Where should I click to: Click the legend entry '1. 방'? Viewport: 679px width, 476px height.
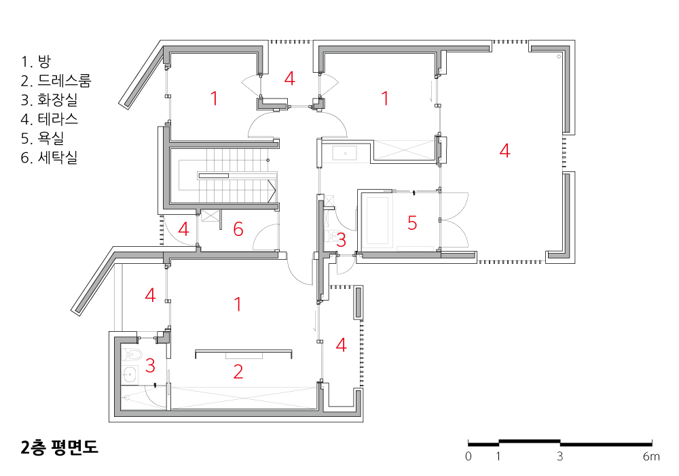pyautogui.click(x=36, y=62)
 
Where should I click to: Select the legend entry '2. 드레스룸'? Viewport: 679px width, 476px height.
pyautogui.click(x=56, y=81)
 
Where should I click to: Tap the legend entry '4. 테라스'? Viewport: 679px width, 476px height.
pyautogui.click(x=50, y=119)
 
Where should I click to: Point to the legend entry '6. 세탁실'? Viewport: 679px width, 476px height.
pyautogui.click(x=50, y=157)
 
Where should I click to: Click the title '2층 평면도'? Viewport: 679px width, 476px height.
pyautogui.click(x=59, y=447)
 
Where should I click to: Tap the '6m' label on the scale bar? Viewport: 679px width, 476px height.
pyautogui.click(x=651, y=456)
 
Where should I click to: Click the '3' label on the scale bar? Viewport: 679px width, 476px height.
pyautogui.click(x=560, y=456)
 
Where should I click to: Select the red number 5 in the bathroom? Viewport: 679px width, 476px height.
pyautogui.click(x=412, y=223)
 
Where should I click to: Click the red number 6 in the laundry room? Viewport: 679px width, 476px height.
pyautogui.click(x=238, y=229)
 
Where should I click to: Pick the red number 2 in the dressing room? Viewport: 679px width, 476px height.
pyautogui.click(x=238, y=371)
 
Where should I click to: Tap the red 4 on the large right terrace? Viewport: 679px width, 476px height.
pyautogui.click(x=504, y=150)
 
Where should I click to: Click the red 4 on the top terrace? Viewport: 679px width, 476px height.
pyautogui.click(x=290, y=78)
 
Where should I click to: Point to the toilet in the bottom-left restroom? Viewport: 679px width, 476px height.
pyautogui.click(x=132, y=354)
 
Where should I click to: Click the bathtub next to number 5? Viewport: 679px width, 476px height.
pyautogui.click(x=378, y=221)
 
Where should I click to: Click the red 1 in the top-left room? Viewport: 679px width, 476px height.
pyautogui.click(x=214, y=99)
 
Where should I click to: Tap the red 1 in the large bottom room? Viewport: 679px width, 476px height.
pyautogui.click(x=238, y=305)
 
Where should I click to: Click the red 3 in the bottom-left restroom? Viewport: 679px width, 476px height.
pyautogui.click(x=150, y=365)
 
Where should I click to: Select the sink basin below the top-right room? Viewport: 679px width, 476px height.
pyautogui.click(x=345, y=154)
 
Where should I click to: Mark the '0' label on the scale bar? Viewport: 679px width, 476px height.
pyautogui.click(x=468, y=456)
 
